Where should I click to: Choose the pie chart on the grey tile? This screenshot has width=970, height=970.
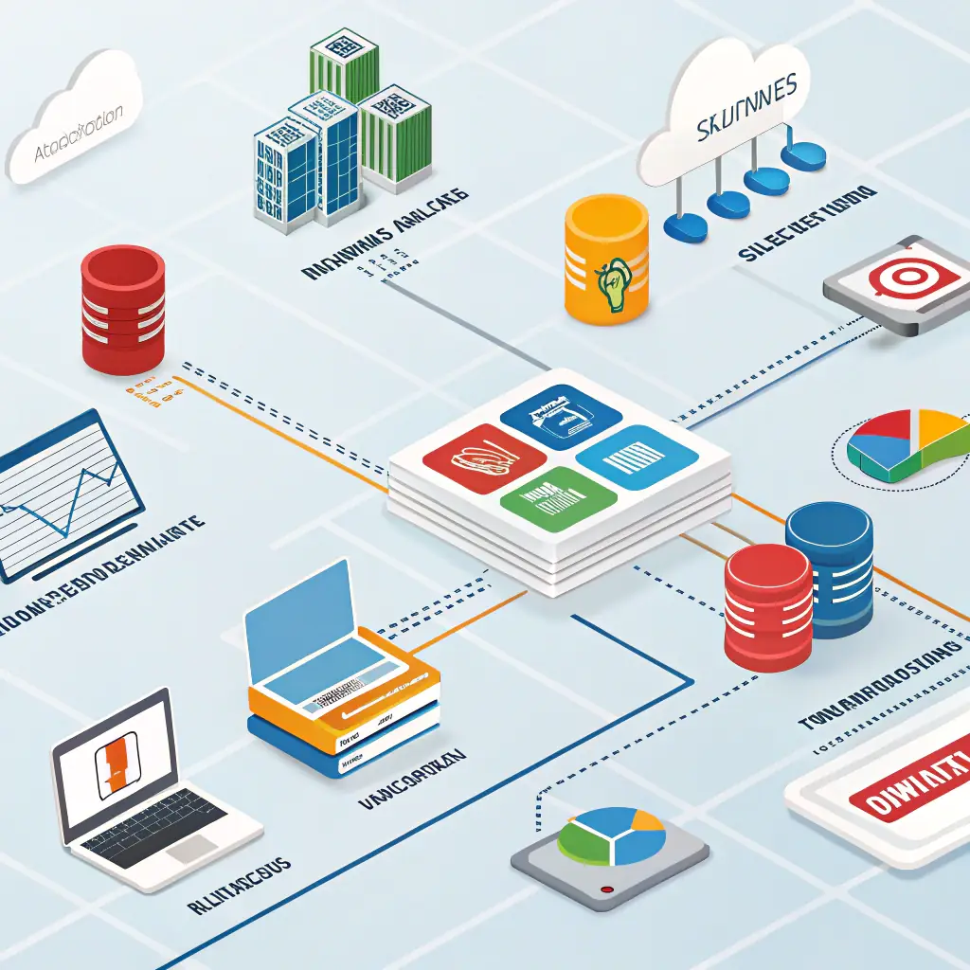612,837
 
